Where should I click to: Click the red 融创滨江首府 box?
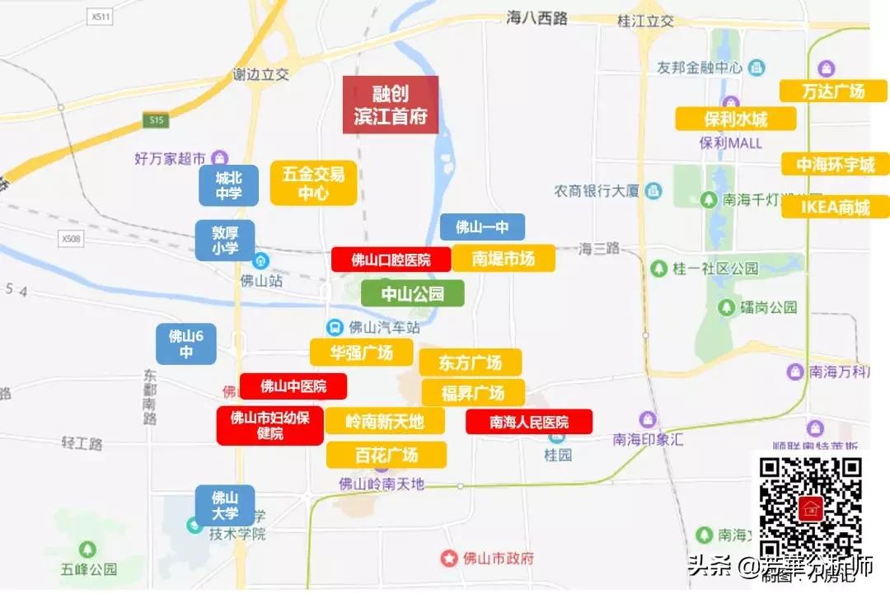click(x=391, y=105)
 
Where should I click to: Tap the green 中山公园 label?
click(x=413, y=292)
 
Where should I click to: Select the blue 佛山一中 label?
click(x=482, y=227)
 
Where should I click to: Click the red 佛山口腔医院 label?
click(x=391, y=260)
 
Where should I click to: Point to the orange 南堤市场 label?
click(x=503, y=259)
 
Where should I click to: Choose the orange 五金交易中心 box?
click(x=313, y=183)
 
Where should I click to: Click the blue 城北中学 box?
click(x=228, y=185)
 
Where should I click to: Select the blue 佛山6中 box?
click(x=186, y=344)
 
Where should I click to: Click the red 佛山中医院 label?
click(x=293, y=386)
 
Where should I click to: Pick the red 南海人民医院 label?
click(x=529, y=422)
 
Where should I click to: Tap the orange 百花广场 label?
click(x=386, y=454)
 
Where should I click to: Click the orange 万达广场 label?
click(x=833, y=91)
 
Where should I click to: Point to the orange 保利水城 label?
click(x=736, y=119)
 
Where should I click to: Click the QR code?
click(x=810, y=507)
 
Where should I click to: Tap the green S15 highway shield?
click(x=156, y=120)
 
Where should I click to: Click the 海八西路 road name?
click(x=537, y=18)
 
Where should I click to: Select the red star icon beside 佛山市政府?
click(x=448, y=558)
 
